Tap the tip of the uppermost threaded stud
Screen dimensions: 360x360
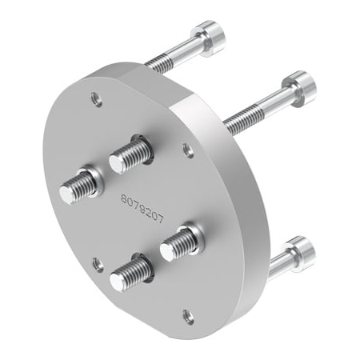coord(117,161)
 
